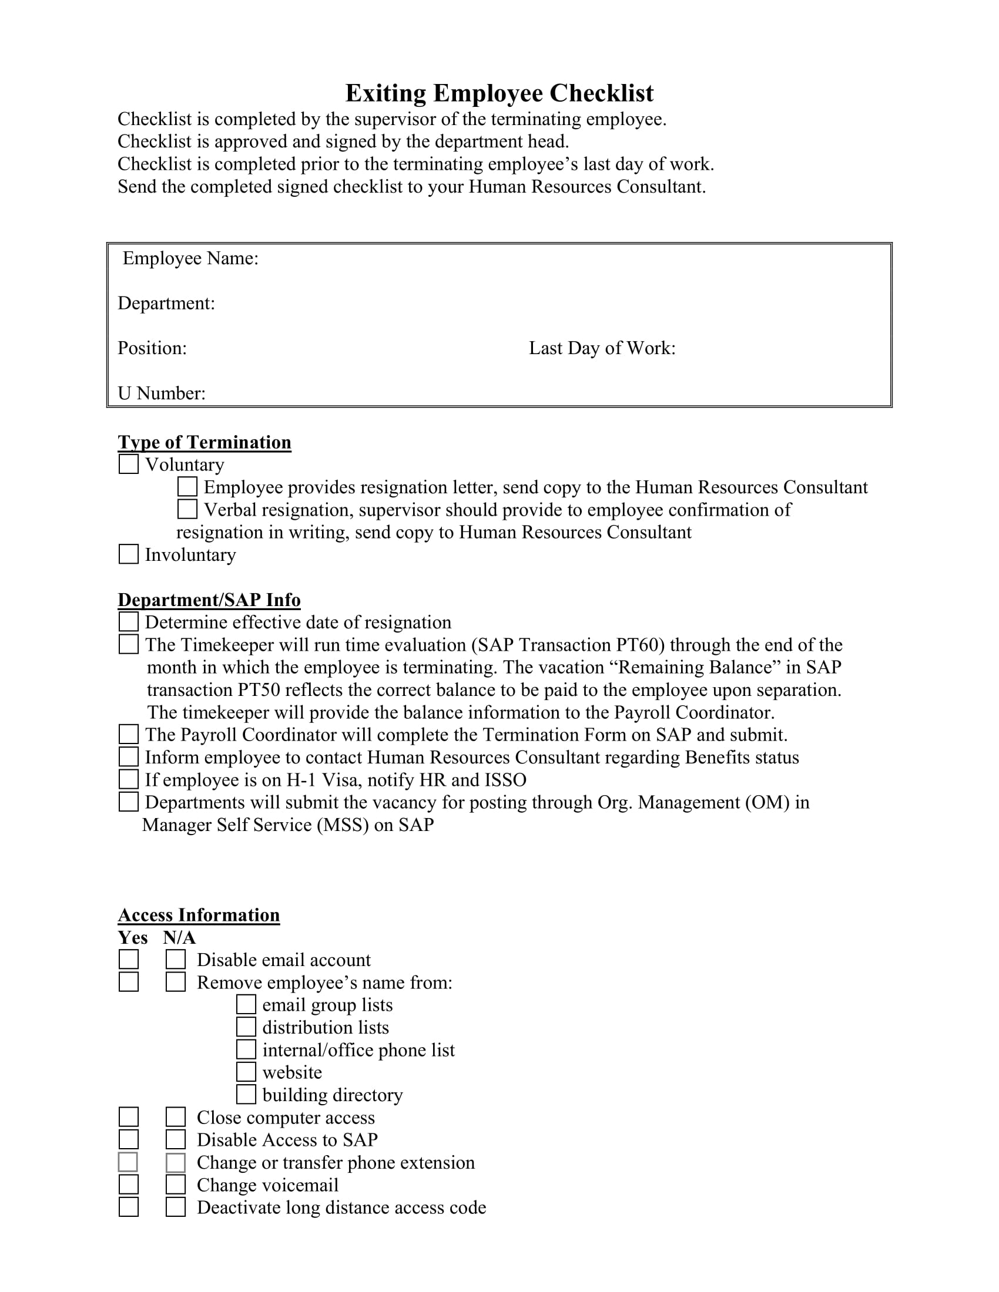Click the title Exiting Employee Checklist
pyautogui.click(x=499, y=93)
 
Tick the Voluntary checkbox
pyautogui.click(x=129, y=465)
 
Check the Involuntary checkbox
pyautogui.click(x=129, y=554)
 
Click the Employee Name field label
pyautogui.click(x=190, y=258)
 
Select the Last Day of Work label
pyautogui.click(x=602, y=348)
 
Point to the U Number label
pyautogui.click(x=162, y=393)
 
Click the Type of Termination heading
pyautogui.click(x=204, y=442)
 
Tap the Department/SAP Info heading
pyautogui.click(x=209, y=600)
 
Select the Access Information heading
pyautogui.click(x=199, y=915)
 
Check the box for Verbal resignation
pyautogui.click(x=187, y=509)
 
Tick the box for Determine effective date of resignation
pyautogui.click(x=129, y=622)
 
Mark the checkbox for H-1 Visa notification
pyautogui.click(x=129, y=779)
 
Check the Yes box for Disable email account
pyautogui.click(x=129, y=960)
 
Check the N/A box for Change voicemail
pyautogui.click(x=175, y=1185)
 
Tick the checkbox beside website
pyautogui.click(x=246, y=1072)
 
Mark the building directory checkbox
pyautogui.click(x=246, y=1095)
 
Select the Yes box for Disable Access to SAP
pyautogui.click(x=129, y=1139)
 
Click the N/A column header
pyautogui.click(x=179, y=938)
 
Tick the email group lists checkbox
pyautogui.click(x=246, y=1004)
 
